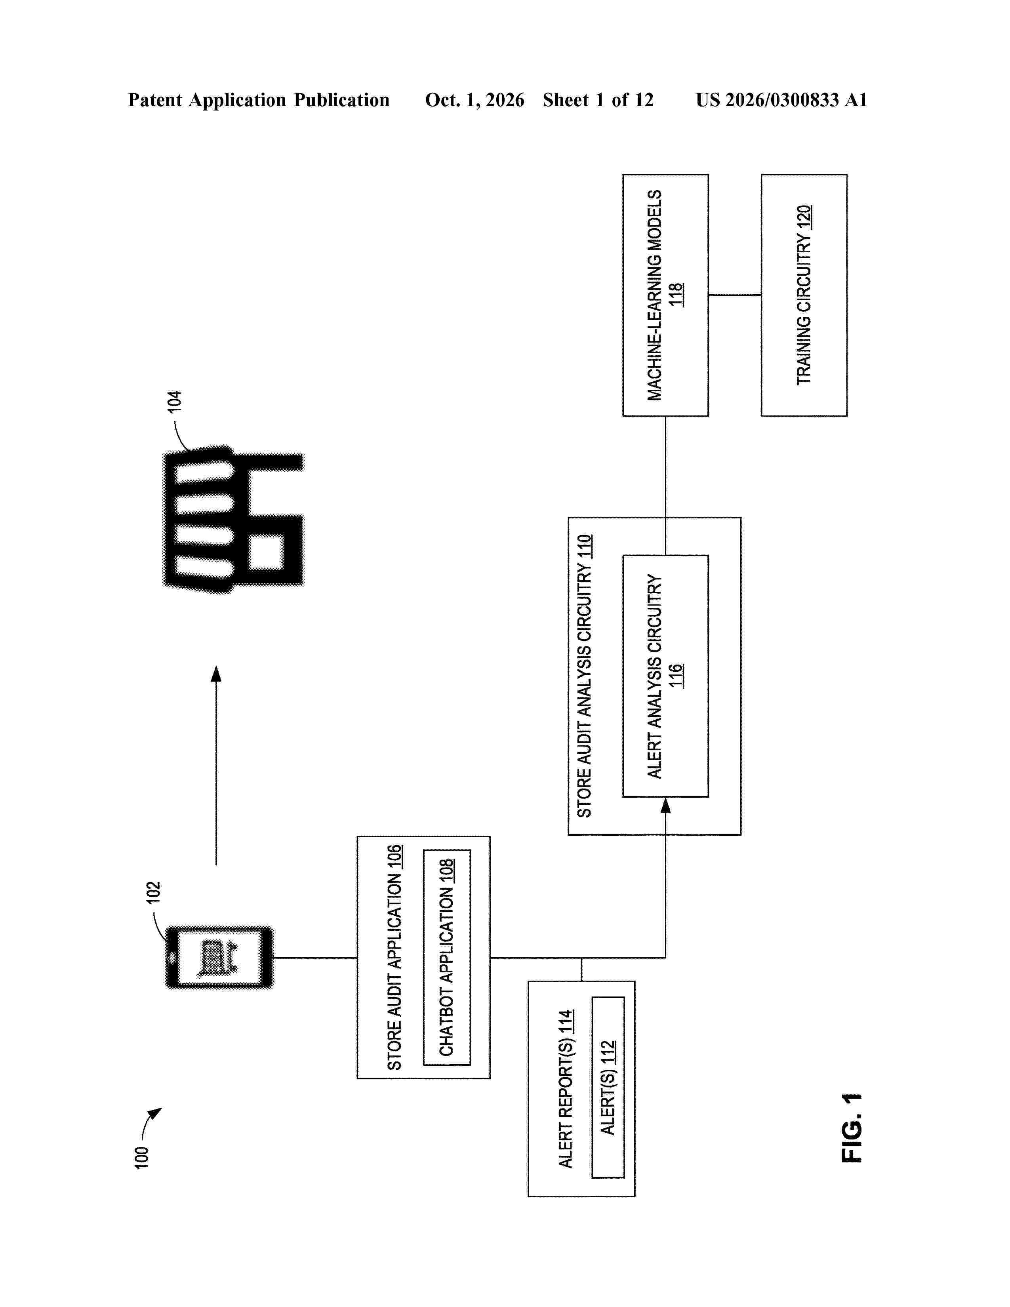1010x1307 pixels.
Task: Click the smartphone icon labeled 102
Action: [x=219, y=958]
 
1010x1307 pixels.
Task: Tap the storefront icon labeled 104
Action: [x=233, y=519]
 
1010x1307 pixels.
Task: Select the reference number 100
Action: [x=141, y=1157]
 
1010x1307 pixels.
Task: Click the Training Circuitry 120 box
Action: [x=804, y=295]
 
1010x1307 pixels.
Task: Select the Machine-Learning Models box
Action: [x=665, y=295]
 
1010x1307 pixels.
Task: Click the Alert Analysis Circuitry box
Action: [x=665, y=676]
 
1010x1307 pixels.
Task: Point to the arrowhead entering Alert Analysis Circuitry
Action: [x=665, y=805]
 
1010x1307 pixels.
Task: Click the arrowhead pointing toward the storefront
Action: [x=216, y=673]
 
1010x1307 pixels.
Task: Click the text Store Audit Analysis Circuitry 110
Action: [x=584, y=676]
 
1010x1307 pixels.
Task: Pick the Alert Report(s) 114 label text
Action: [x=566, y=1088]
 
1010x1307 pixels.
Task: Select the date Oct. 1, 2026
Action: [x=475, y=100]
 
